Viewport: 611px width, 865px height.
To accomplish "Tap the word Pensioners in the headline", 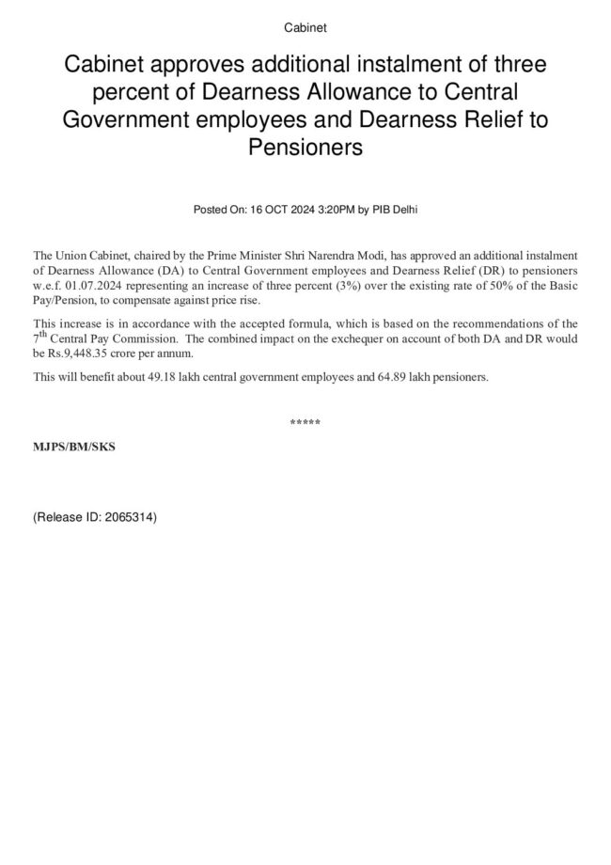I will pyautogui.click(x=305, y=148).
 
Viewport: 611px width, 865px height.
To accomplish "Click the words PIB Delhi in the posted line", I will pyautogui.click(x=395, y=210).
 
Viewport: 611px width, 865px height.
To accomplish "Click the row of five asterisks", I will pyautogui.click(x=305, y=423).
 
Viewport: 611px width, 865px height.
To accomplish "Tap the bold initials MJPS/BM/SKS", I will pyautogui.click(x=74, y=447).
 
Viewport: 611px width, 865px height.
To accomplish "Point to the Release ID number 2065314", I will pyautogui.click(x=128, y=517).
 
